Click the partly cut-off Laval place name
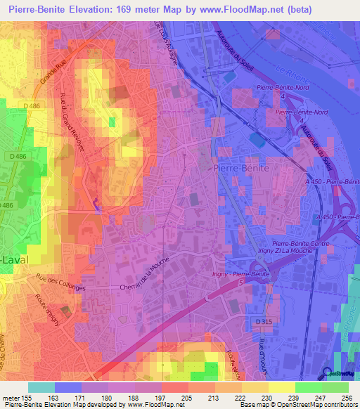[x=15, y=259]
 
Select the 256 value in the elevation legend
[x=345, y=398]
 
